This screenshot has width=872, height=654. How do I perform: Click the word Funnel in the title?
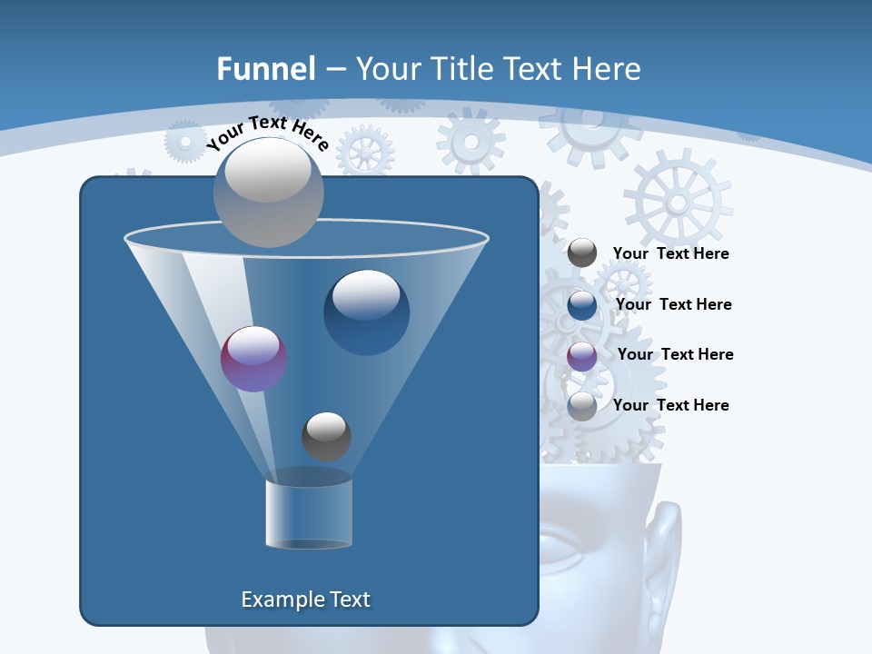[x=266, y=69]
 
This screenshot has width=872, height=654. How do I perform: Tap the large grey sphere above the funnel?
[x=269, y=192]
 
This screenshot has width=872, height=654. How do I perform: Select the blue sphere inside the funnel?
[x=366, y=312]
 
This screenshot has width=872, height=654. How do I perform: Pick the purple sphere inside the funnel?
[x=254, y=359]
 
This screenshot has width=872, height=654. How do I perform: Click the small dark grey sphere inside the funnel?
[x=326, y=436]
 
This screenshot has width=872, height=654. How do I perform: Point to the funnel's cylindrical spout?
[x=309, y=513]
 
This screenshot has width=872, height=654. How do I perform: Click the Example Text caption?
[x=306, y=599]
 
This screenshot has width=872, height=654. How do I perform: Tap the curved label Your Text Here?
[x=267, y=133]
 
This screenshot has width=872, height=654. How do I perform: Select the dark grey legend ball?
[x=582, y=253]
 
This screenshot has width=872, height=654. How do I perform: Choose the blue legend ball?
[x=582, y=304]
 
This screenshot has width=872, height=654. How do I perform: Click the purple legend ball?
[x=582, y=356]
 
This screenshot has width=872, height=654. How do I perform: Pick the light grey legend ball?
[x=582, y=406]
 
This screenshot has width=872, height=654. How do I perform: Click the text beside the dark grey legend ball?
[x=670, y=254]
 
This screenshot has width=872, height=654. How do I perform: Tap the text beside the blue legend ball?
[x=673, y=304]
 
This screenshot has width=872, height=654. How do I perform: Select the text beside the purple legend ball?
[x=675, y=354]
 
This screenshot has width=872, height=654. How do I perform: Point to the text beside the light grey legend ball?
[x=670, y=405]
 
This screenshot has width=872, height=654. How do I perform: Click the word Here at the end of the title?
[x=609, y=69]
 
